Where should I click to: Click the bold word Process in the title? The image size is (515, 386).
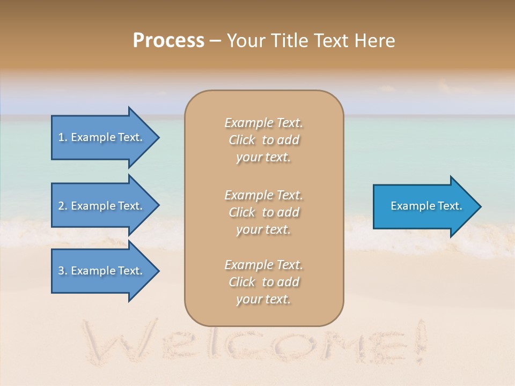[x=168, y=41]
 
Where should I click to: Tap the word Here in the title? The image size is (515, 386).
[x=375, y=41]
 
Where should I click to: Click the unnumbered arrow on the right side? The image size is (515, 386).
[x=424, y=206]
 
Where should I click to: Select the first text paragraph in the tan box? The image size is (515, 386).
[x=263, y=140]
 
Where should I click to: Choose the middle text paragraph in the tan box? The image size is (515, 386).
[x=263, y=212]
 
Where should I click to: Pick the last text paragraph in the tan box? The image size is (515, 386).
[x=263, y=282]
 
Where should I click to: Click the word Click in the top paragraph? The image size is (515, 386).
[x=242, y=140]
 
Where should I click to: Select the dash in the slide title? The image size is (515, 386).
[x=215, y=41]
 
